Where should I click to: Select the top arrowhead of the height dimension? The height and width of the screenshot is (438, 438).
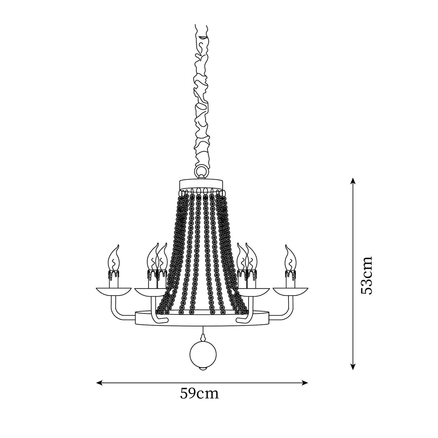(352, 181)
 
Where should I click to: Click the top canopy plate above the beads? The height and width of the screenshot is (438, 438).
(201, 184)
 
